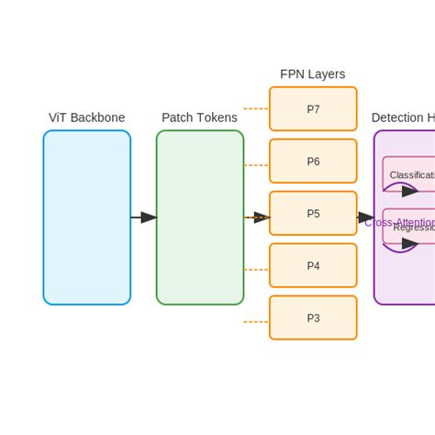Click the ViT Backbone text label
point(86,117)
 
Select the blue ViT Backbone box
point(86,217)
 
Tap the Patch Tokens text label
point(199,117)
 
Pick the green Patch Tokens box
point(199,217)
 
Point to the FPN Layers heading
point(312,74)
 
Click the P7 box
point(313,109)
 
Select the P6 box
point(313,162)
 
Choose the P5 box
point(313,214)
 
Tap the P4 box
point(313,266)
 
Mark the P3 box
point(313,318)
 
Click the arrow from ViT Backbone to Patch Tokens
point(143,217)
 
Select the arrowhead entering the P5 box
point(262,217)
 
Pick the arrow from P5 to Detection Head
point(365,217)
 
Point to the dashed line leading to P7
point(255,108)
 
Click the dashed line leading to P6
point(255,165)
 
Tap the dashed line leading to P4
point(255,270)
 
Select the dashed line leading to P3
point(255,322)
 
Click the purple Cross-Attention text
point(399,222)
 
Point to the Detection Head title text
point(403,117)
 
